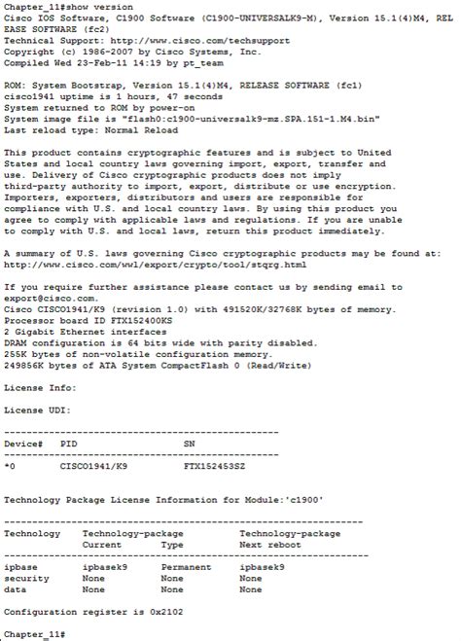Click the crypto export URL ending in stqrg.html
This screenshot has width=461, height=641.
pyautogui.click(x=141, y=264)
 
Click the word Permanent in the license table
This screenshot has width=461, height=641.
pyautogui.click(x=186, y=566)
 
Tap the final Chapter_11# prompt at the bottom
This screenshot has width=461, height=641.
pyautogui.click(x=35, y=633)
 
